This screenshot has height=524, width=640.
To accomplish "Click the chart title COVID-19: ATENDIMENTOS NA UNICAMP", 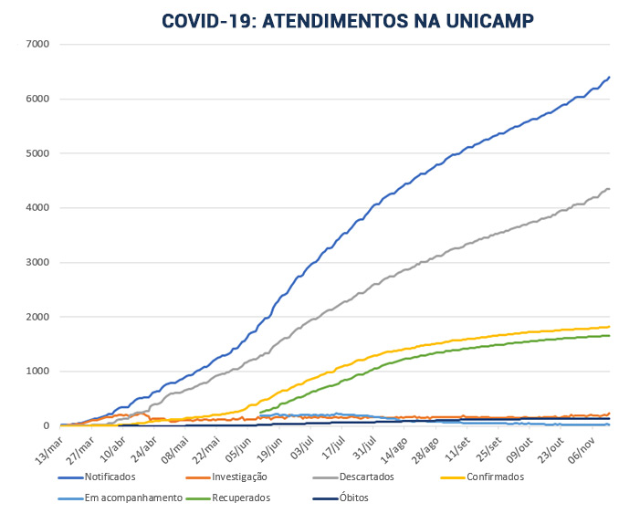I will pos(348,21).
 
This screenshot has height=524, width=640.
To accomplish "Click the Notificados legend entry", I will pos(110,477).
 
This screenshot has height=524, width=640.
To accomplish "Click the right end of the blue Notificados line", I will pos(609,77).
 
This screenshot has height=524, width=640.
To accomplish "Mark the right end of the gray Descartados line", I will pos(609,188).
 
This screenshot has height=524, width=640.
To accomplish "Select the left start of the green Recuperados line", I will pos(261,413).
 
